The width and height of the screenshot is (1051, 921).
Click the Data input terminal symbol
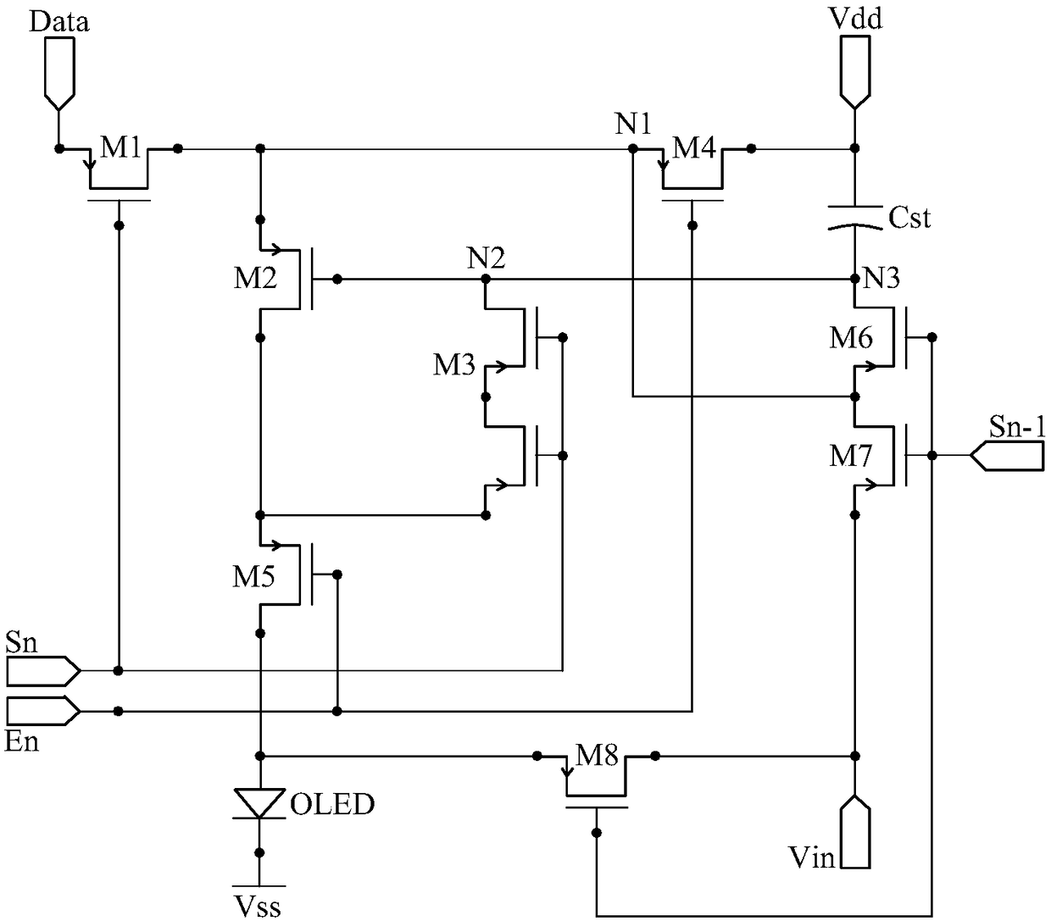click(59, 73)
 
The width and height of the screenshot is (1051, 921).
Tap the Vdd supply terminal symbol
click(854, 73)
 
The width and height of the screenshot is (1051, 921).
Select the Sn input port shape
click(43, 671)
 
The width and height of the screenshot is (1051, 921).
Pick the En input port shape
click(43, 711)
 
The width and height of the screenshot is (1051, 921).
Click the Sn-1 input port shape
click(1006, 455)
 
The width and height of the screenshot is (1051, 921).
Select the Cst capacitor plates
click(854, 217)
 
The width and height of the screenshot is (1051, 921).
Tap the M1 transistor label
click(120, 147)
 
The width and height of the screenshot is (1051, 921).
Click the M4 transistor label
click(694, 147)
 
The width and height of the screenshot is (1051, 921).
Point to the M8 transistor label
click(597, 755)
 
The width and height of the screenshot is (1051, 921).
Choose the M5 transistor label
click(253, 576)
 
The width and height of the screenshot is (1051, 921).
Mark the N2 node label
click(486, 258)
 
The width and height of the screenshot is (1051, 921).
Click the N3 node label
click(881, 278)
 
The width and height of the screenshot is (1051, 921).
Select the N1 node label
click(633, 124)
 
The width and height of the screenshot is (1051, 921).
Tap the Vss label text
click(258, 907)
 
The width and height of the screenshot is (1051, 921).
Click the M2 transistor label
click(255, 278)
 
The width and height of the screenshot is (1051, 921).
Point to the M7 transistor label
click(851, 456)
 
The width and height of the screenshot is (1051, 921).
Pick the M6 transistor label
click(851, 337)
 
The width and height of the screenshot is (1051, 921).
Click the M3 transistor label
click(454, 364)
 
